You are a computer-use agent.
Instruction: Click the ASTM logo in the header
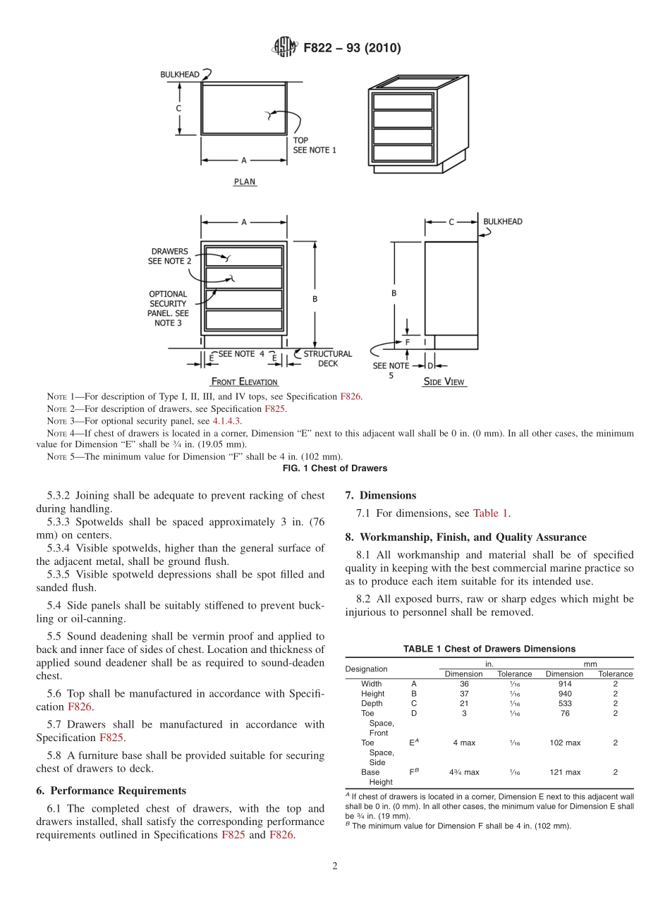tap(285, 48)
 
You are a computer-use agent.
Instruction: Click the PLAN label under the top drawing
tap(245, 181)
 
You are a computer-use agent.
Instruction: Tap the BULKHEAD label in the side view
tap(502, 221)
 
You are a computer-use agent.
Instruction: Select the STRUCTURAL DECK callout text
tap(327, 358)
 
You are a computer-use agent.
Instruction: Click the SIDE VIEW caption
tap(444, 382)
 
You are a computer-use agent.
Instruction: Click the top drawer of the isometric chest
tap(403, 101)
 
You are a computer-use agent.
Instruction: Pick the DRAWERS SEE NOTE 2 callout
tap(169, 256)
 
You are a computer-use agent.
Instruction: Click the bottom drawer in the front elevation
tap(244, 320)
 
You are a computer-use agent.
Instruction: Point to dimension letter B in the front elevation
tap(315, 299)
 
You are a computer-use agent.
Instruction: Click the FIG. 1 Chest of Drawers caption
tap(334, 468)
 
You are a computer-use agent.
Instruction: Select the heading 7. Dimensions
tap(381, 495)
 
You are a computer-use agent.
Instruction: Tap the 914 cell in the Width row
tap(564, 684)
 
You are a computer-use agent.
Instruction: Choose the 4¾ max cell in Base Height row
tap(463, 772)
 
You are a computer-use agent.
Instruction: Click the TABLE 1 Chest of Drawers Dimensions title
tap(489, 649)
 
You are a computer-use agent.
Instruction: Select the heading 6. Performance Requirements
tap(111, 791)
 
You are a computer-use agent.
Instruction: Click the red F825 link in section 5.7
tap(111, 738)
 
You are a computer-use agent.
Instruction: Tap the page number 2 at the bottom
tap(335, 867)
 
